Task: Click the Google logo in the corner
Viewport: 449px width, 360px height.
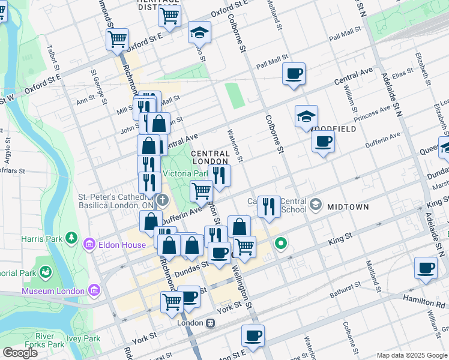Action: pos(20,352)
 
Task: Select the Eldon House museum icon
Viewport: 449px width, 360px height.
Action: pos(90,244)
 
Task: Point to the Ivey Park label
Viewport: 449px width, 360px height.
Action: pos(84,338)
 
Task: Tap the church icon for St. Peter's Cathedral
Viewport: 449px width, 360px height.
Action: pos(161,200)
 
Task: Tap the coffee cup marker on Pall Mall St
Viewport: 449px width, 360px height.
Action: pos(294,74)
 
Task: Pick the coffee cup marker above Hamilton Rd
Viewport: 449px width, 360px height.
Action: pos(426,268)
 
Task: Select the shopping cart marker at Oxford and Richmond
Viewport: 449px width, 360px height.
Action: pos(117,40)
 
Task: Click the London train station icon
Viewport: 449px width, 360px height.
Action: pos(210,323)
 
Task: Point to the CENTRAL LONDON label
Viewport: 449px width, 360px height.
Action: pos(209,158)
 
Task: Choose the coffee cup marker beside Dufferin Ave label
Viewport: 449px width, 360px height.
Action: pos(323,142)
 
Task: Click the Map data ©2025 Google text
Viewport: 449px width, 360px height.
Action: pos(411,355)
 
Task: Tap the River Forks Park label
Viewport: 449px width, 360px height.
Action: pos(49,340)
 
